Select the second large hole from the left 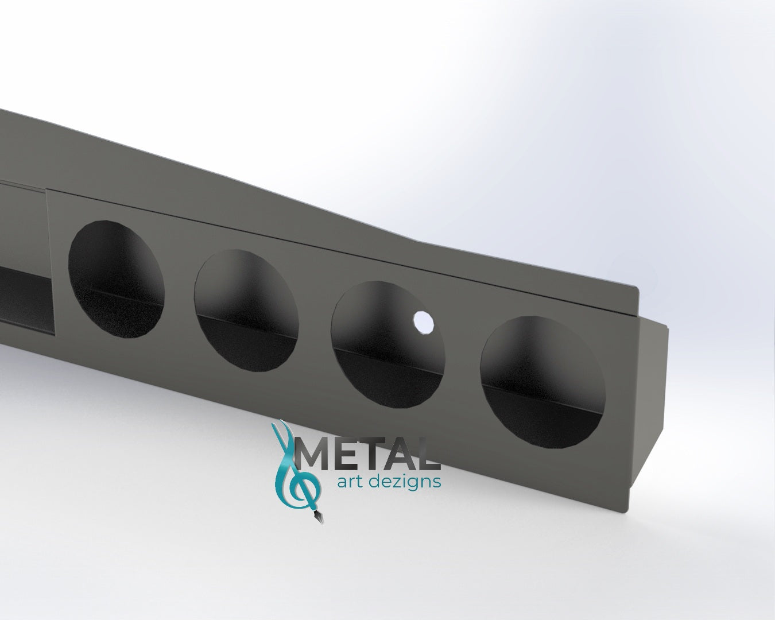coord(246,309)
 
